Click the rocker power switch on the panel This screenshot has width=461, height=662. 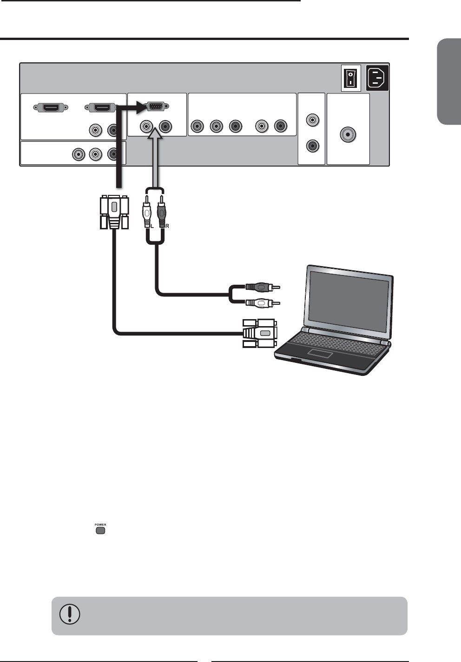[349, 78]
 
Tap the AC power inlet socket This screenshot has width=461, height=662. [377, 78]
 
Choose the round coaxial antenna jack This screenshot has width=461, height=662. [348, 134]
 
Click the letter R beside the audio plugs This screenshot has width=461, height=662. [167, 226]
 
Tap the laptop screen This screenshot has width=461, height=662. [349, 303]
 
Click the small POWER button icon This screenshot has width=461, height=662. [100, 529]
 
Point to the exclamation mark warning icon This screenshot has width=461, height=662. [70, 615]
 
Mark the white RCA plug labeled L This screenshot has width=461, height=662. [147, 212]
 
